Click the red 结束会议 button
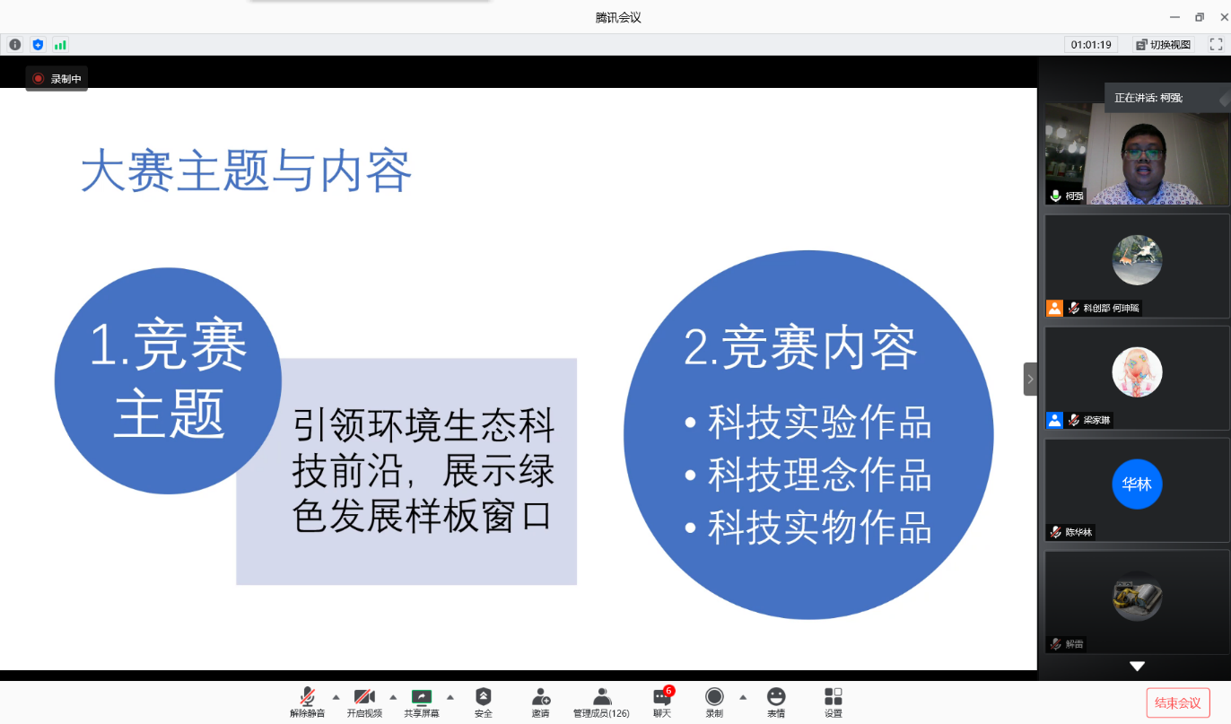1178,702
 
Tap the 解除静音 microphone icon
307,696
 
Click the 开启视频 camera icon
363,696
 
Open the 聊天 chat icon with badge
662,696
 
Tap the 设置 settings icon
834,696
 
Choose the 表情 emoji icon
776,696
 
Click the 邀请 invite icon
541,696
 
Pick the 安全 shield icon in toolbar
483,696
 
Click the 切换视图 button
1164,45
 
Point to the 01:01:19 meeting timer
1091,45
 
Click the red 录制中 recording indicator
57,79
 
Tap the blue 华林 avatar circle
1137,484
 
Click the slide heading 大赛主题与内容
247,170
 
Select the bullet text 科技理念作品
819,475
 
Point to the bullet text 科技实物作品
819,528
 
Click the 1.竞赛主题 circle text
169,378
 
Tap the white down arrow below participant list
1137,666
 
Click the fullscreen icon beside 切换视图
1216,45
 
